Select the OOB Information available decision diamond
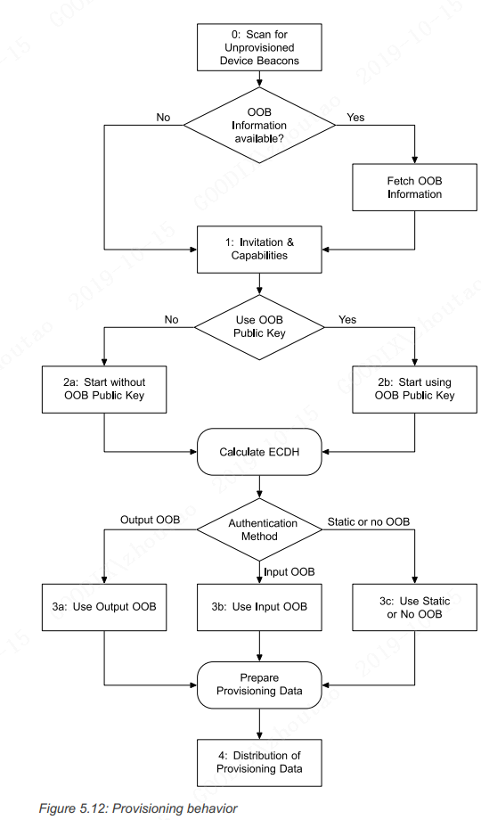258,125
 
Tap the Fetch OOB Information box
414,187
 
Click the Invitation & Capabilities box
258,248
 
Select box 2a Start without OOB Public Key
104,389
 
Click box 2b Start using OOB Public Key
414,389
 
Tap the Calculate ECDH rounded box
258,452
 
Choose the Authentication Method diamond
258,531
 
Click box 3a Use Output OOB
104,607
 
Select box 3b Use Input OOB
258,607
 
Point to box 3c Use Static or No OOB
414,607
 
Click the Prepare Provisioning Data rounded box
258,685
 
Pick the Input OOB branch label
288,571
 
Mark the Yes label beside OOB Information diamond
355,117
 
